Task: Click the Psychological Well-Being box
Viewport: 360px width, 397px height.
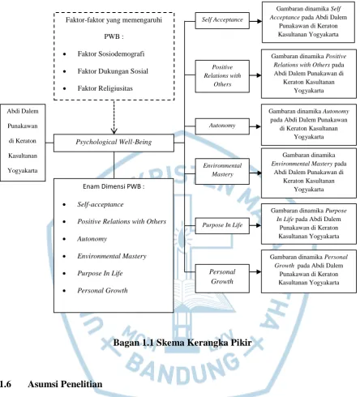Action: tap(114, 143)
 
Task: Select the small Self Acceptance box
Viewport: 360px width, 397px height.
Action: tap(222, 20)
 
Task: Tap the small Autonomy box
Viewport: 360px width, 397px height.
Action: tap(222, 126)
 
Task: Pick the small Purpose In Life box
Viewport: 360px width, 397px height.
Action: tap(222, 225)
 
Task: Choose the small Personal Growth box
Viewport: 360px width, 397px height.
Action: tap(222, 279)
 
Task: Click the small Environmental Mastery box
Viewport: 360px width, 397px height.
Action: tap(222, 171)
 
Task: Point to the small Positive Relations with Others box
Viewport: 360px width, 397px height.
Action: tap(222, 76)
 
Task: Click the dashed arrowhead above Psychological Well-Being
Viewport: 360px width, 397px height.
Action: tap(114, 131)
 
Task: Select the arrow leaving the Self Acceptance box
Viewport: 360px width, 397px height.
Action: tap(255, 21)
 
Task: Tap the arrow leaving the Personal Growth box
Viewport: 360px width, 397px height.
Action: tap(255, 271)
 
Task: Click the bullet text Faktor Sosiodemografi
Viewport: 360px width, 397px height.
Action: tap(111, 53)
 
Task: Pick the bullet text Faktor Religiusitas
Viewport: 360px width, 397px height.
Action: tap(105, 88)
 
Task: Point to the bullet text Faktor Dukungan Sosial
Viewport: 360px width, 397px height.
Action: tap(113, 71)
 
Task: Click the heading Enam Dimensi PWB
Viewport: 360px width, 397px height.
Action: tap(114, 186)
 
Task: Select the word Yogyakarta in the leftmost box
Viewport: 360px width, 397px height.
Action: tap(23, 171)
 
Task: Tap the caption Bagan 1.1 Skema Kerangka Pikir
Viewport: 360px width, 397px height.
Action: tap(182, 343)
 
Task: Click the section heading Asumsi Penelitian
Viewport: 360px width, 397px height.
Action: tap(65, 384)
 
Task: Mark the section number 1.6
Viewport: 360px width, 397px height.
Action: tap(6, 384)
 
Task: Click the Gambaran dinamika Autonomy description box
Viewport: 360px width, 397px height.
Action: tap(309, 125)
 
